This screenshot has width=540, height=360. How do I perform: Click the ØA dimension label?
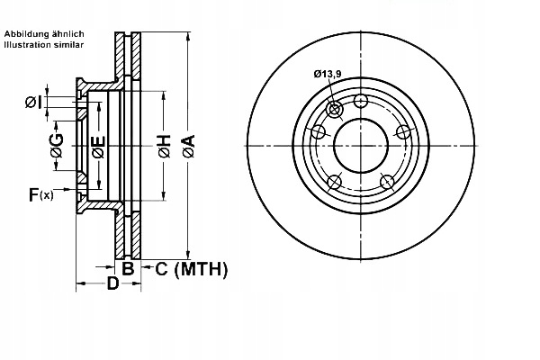[x=189, y=147]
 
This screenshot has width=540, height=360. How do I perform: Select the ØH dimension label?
[x=165, y=147]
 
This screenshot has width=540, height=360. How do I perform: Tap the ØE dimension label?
[x=99, y=147]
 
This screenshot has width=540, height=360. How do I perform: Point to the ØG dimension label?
[x=58, y=145]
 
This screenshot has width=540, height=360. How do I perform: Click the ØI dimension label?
[x=34, y=102]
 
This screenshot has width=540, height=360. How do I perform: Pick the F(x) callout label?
[x=41, y=194]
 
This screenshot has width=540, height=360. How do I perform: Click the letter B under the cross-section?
[x=128, y=268]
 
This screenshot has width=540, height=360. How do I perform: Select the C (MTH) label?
[x=192, y=269]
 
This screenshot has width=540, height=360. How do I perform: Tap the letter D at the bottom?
[x=112, y=283]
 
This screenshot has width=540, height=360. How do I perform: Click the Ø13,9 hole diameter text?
[x=328, y=74]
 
